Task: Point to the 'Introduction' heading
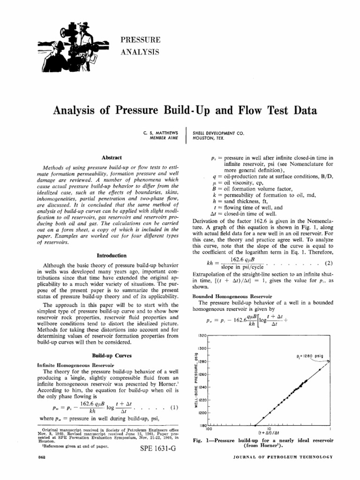pos(111,255)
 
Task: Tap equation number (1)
pos(173,407)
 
